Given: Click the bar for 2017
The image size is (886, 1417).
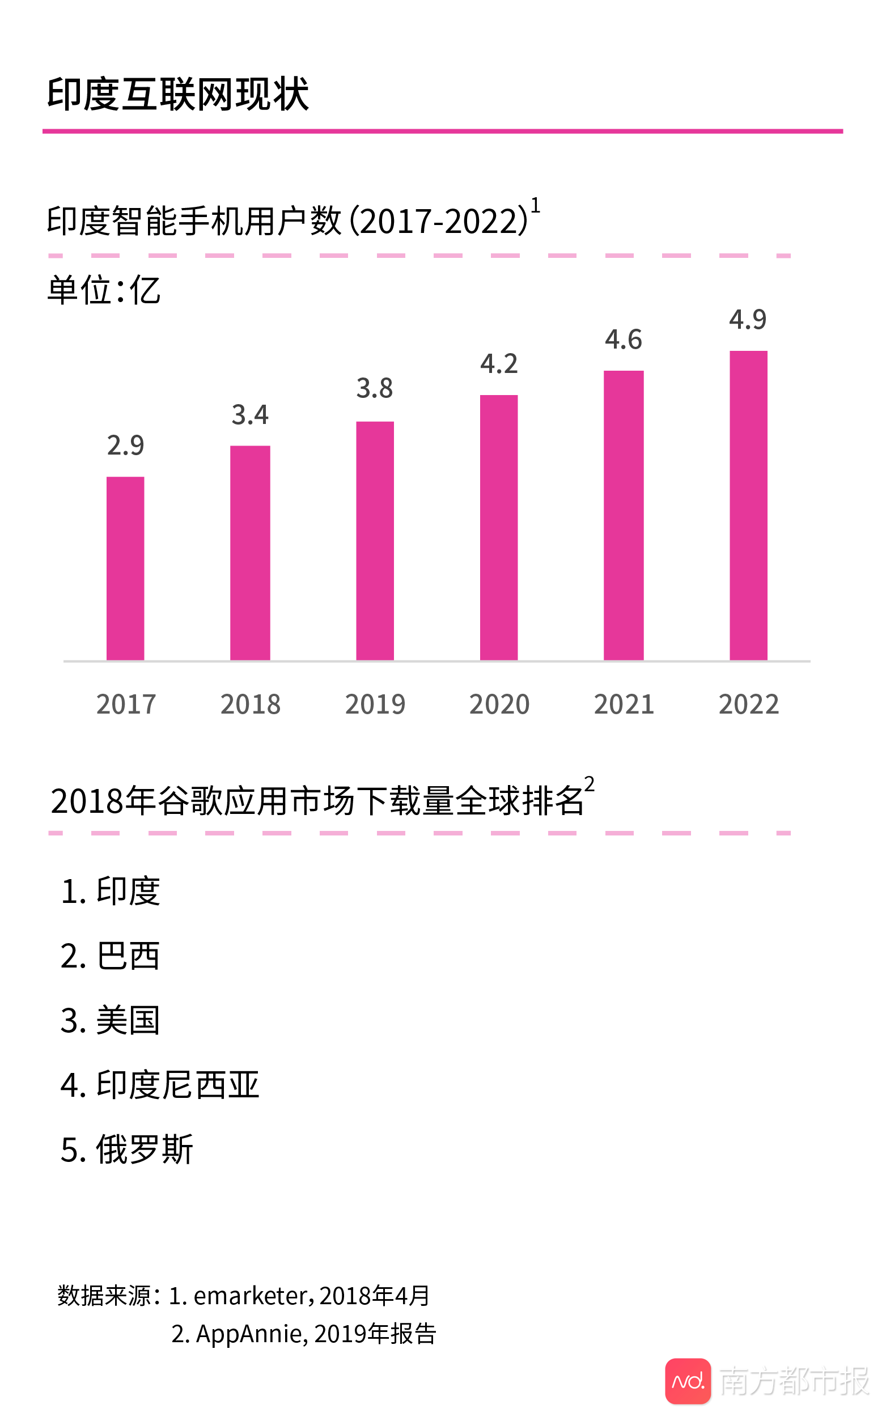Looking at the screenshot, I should click(125, 568).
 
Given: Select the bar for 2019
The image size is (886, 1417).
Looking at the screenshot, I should click(375, 541).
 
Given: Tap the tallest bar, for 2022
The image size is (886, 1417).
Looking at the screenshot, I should click(748, 506).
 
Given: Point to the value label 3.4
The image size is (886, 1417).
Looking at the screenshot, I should click(250, 415).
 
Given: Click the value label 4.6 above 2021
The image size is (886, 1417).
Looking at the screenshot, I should click(624, 340).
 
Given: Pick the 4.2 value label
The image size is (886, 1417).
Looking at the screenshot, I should click(499, 364).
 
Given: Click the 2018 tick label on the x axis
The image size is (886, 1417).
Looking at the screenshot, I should click(250, 704).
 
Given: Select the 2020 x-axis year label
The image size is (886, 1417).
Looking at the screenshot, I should click(499, 704).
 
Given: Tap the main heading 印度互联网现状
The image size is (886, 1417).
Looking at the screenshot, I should click(177, 94).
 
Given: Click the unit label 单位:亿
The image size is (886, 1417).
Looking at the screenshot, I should click(104, 290).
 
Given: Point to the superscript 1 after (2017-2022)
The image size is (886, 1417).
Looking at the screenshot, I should click(535, 206).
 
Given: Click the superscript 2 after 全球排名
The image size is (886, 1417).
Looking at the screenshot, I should click(589, 784).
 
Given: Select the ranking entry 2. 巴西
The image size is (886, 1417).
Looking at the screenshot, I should click(110, 956).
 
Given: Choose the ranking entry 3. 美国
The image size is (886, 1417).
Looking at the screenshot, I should click(110, 1020).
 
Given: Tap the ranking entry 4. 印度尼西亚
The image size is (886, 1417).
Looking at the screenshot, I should click(160, 1085).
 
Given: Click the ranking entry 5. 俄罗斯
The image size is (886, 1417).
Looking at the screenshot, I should click(127, 1149).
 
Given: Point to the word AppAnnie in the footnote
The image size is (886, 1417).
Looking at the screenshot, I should click(248, 1334).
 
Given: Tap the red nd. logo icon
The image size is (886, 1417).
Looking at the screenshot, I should click(688, 1381).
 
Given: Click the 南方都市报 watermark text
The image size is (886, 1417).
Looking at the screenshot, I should click(794, 1381).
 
